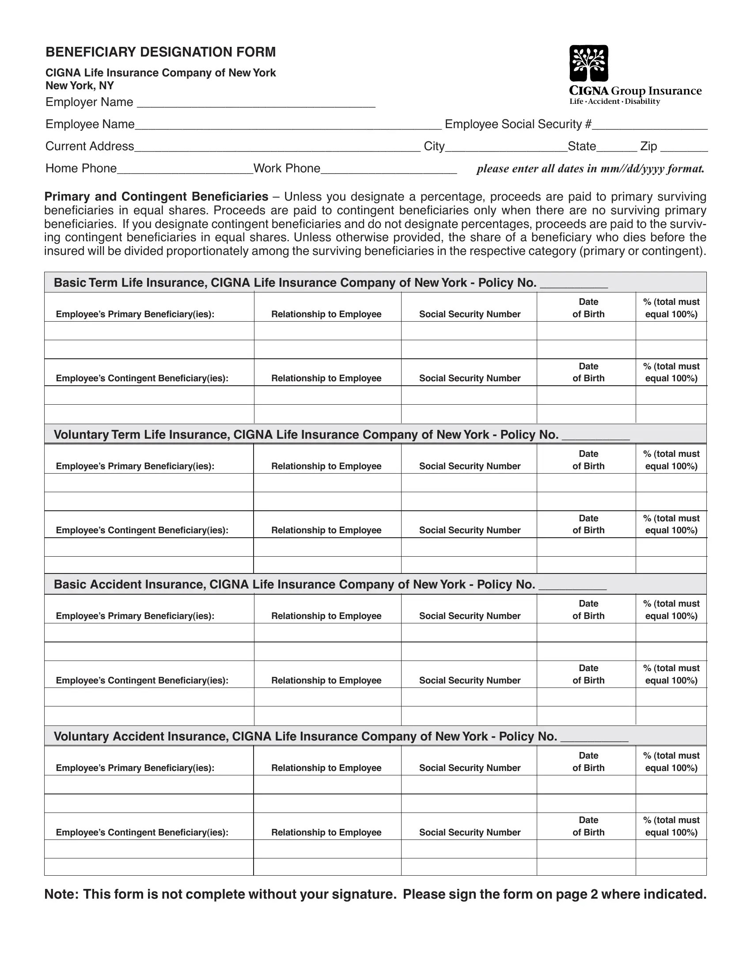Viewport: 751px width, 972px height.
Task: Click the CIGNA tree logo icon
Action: click(x=588, y=63)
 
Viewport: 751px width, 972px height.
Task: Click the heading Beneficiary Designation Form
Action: click(x=161, y=52)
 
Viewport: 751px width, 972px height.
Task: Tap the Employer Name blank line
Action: click(x=256, y=103)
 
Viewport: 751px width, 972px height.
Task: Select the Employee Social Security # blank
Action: click(x=649, y=125)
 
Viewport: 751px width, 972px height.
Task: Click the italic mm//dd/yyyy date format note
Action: click(x=590, y=169)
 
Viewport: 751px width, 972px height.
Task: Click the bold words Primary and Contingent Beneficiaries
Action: click(x=156, y=197)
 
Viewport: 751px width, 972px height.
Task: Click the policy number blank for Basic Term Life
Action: click(x=573, y=284)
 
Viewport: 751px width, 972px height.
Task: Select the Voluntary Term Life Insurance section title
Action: click(x=306, y=434)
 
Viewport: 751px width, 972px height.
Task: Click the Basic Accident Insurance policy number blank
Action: click(x=572, y=585)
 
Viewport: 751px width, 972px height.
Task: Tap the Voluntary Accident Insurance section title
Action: click(x=305, y=736)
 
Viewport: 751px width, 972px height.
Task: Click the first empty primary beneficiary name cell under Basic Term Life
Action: click(x=149, y=330)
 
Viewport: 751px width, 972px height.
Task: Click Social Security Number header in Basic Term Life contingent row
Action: click(x=469, y=378)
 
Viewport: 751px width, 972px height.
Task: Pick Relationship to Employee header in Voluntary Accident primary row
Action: click(x=326, y=768)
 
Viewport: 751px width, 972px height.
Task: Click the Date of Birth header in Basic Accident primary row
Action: click(x=588, y=610)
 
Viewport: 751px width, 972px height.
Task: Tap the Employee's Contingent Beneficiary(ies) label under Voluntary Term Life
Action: click(x=142, y=530)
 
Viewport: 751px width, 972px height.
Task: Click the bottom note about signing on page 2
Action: click(x=375, y=894)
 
